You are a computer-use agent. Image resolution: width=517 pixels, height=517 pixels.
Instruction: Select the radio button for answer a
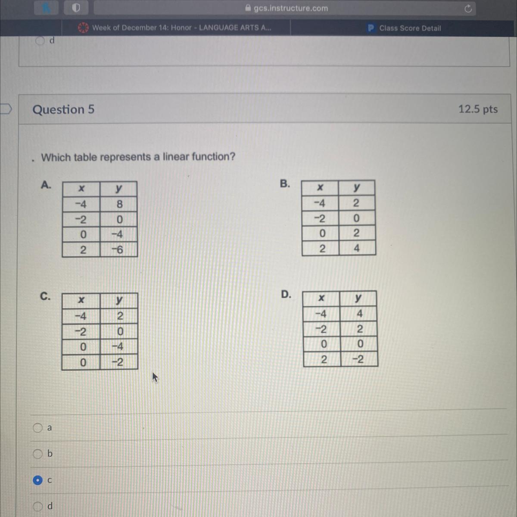coord(37,428)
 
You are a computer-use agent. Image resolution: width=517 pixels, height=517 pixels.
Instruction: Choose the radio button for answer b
coord(37,454)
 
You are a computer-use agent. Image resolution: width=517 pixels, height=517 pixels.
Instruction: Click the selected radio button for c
coord(37,480)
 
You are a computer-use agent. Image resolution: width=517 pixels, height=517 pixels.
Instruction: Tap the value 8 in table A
coord(119,204)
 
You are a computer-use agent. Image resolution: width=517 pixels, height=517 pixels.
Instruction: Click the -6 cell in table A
coord(118,250)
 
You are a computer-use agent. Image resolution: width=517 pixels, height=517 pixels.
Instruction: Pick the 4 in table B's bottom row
coord(356,248)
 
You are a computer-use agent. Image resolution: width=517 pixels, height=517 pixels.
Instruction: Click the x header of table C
coord(81,300)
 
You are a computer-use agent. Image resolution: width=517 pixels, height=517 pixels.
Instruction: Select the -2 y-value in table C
coord(118,362)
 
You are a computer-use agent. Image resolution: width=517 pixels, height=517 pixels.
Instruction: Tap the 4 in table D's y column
coord(359,313)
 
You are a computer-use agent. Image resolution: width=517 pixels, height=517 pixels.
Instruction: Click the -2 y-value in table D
coord(358,359)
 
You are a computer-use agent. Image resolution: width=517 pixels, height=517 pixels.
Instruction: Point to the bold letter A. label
coord(46,185)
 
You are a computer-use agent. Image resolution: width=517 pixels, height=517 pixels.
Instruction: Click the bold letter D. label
coord(286,294)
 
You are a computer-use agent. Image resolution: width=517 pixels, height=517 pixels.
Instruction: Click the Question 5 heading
coord(63,109)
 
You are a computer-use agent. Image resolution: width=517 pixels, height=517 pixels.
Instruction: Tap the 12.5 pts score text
coord(478,109)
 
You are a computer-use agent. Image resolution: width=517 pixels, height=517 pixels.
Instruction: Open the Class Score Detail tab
coord(404,28)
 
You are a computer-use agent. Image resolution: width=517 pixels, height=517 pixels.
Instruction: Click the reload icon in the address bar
coord(468,9)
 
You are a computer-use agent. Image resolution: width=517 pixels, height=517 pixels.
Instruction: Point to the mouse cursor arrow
coord(155,377)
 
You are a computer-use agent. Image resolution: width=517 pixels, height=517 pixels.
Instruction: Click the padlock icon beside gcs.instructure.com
coord(248,8)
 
